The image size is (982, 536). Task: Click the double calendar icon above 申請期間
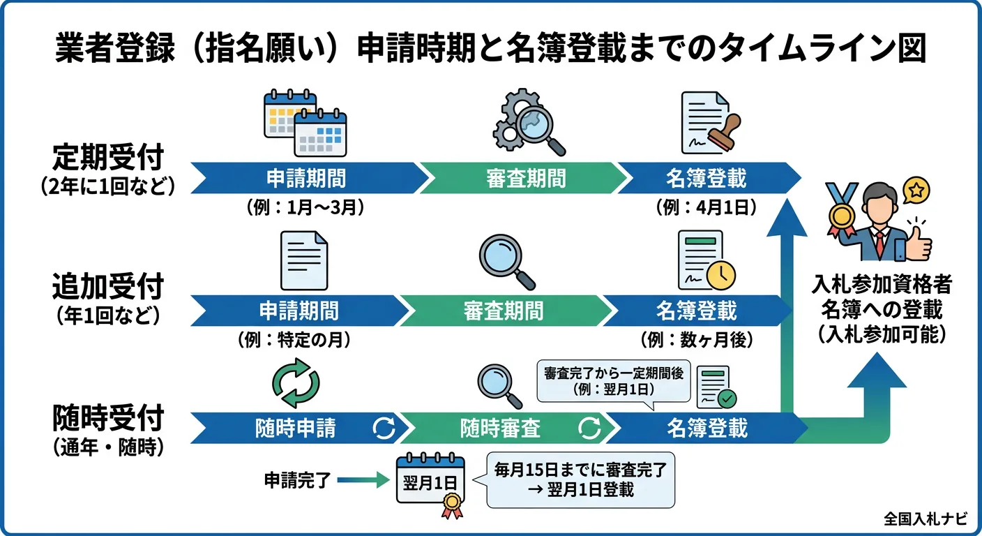click(x=305, y=123)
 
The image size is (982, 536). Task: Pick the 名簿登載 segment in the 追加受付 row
click(x=696, y=311)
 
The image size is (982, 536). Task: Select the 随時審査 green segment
click(x=500, y=427)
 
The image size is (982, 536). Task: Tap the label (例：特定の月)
click(x=293, y=340)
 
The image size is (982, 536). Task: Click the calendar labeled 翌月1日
click(x=430, y=482)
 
